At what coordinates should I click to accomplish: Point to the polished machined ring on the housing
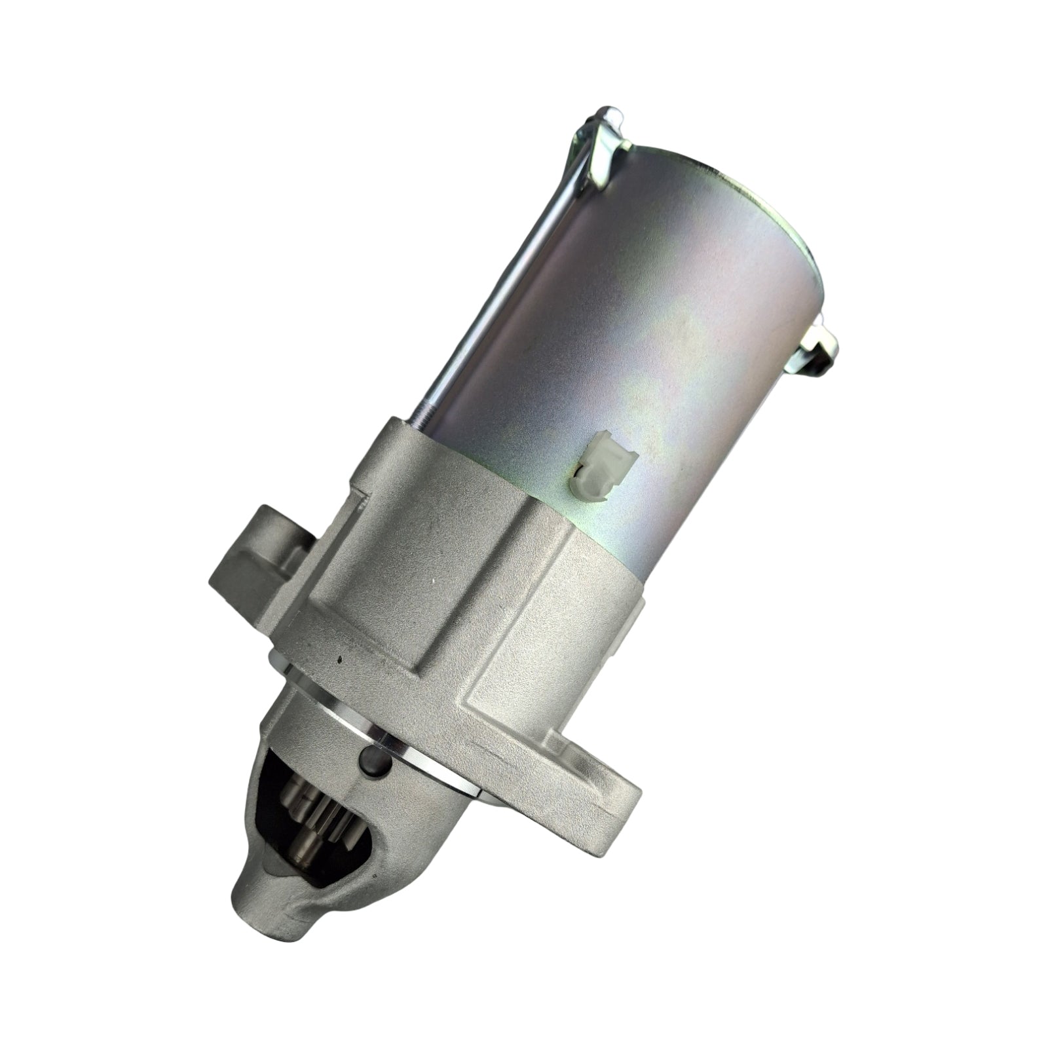point(367,734)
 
